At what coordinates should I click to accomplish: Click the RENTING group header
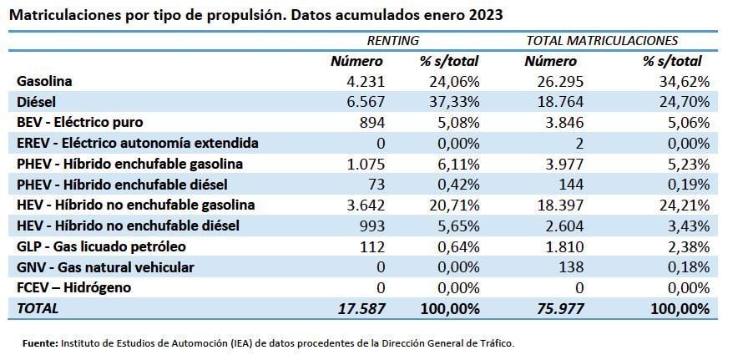pyautogui.click(x=393, y=40)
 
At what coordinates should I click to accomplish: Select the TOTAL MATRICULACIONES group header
pyautogui.click(x=601, y=40)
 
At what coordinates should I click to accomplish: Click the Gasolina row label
pyautogui.click(x=44, y=82)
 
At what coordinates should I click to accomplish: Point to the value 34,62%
pyautogui.click(x=684, y=82)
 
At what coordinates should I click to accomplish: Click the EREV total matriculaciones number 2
pyautogui.click(x=579, y=144)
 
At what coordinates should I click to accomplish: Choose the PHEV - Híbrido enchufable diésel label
pyautogui.click(x=122, y=185)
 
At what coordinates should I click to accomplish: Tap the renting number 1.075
pyautogui.click(x=364, y=164)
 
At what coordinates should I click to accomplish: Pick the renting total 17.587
pyautogui.click(x=361, y=308)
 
